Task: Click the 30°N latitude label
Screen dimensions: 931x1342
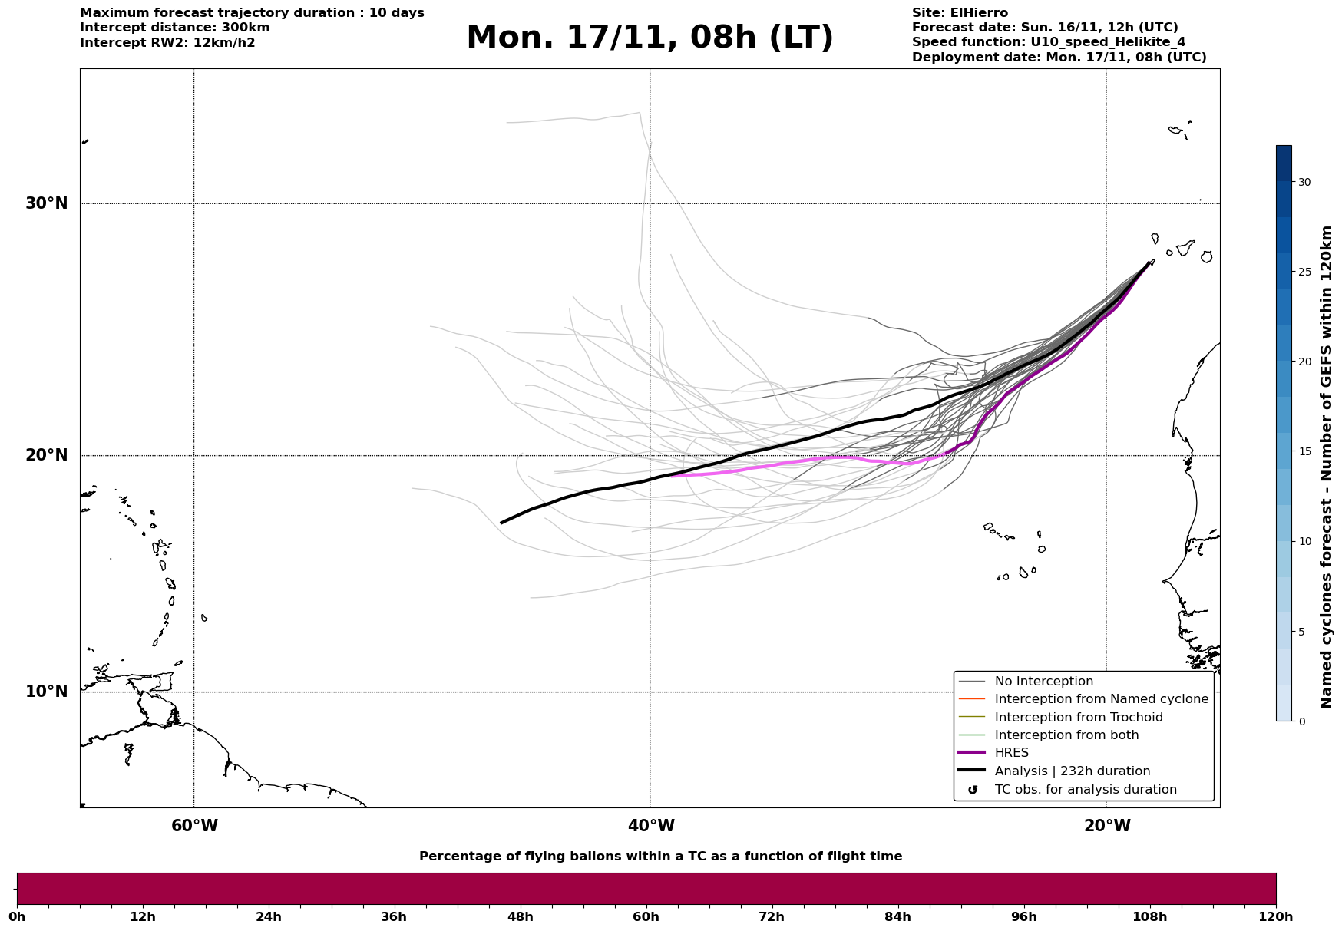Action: pyautogui.click(x=47, y=203)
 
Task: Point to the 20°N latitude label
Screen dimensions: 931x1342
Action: pyautogui.click(x=47, y=455)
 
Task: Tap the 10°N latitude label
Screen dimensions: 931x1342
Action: pyautogui.click(x=47, y=692)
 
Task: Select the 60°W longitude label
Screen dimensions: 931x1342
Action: pyautogui.click(x=194, y=826)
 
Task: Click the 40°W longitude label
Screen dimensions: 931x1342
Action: pyautogui.click(x=651, y=826)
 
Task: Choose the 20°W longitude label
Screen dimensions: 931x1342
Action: pyautogui.click(x=1107, y=826)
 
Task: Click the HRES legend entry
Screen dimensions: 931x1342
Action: pyautogui.click(x=1011, y=753)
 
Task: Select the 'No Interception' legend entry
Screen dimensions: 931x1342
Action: pyautogui.click(x=1043, y=682)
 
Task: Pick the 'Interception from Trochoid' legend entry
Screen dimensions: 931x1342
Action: pyautogui.click(x=1078, y=718)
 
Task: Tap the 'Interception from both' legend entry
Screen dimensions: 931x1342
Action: pyautogui.click(x=1066, y=735)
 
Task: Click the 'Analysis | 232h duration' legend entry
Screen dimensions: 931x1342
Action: pyautogui.click(x=1072, y=771)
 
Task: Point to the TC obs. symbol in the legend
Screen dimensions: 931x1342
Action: pyautogui.click(x=973, y=790)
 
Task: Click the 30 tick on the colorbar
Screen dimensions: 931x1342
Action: pyautogui.click(x=1304, y=182)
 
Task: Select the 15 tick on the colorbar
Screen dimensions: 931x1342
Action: pyautogui.click(x=1304, y=451)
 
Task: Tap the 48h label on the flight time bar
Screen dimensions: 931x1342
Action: pyautogui.click(x=520, y=916)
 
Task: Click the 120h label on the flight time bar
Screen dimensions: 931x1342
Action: pyautogui.click(x=1275, y=916)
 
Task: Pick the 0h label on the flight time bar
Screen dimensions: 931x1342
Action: pyautogui.click(x=18, y=916)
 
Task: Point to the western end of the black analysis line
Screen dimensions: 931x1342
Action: pyautogui.click(x=502, y=523)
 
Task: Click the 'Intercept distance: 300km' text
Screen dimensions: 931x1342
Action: pyautogui.click(x=174, y=28)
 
